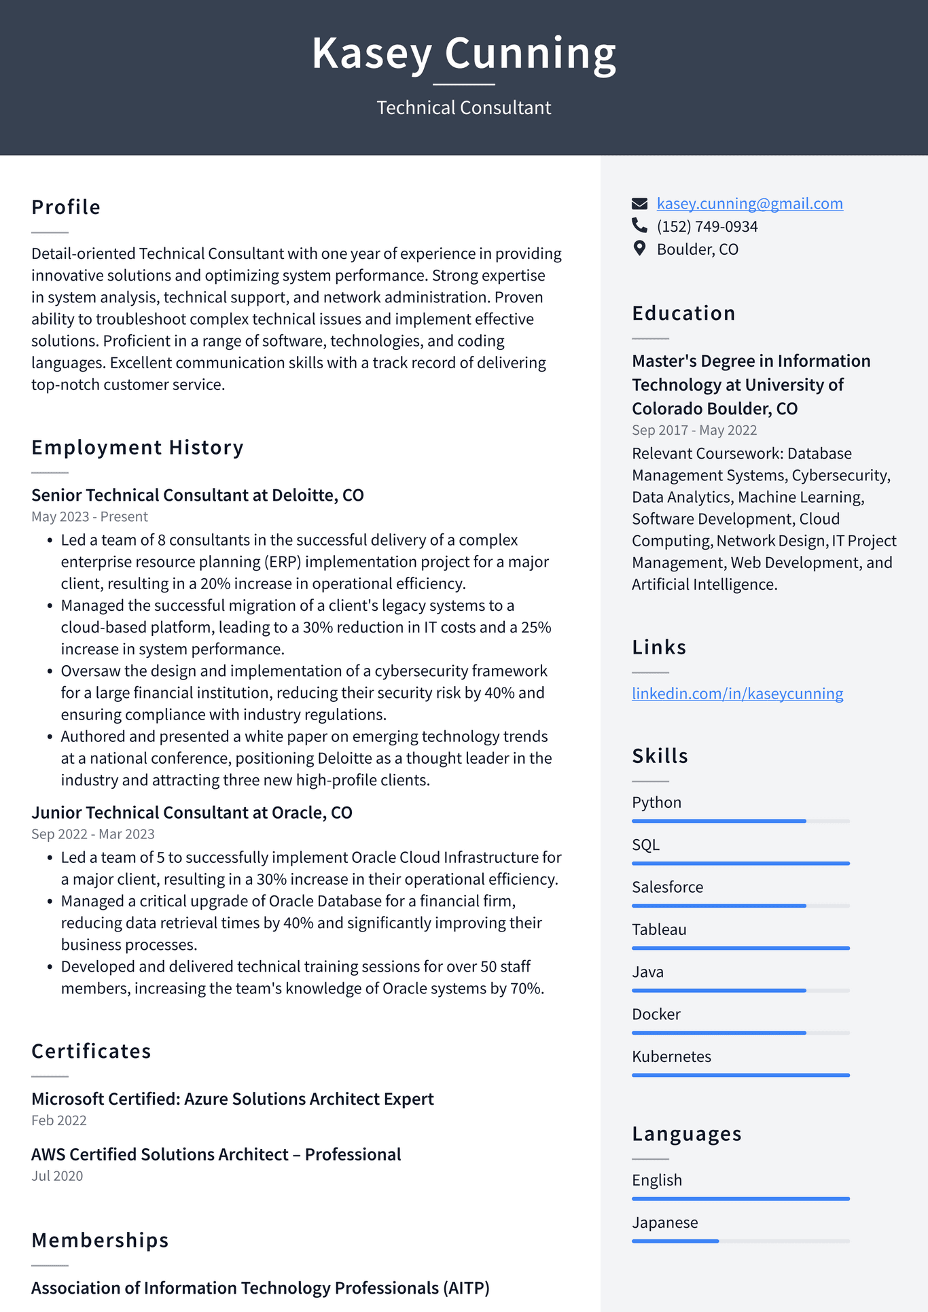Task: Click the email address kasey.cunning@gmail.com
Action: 749,204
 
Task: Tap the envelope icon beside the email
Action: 639,204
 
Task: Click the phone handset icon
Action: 639,225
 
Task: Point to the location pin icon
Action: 639,249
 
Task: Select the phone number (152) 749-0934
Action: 707,226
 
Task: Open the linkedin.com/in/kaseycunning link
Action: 737,694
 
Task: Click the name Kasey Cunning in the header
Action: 464,53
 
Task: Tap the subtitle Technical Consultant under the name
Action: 464,107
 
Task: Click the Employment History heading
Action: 137,447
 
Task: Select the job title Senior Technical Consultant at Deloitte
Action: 197,495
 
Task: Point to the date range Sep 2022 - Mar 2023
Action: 93,834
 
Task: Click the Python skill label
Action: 656,802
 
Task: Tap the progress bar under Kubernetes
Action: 740,1075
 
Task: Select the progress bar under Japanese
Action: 740,1241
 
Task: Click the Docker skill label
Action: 656,1014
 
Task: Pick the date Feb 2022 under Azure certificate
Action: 59,1120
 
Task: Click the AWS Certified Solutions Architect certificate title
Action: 216,1154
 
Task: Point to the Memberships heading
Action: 100,1240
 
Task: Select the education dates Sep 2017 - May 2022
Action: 694,430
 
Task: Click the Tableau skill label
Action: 659,929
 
